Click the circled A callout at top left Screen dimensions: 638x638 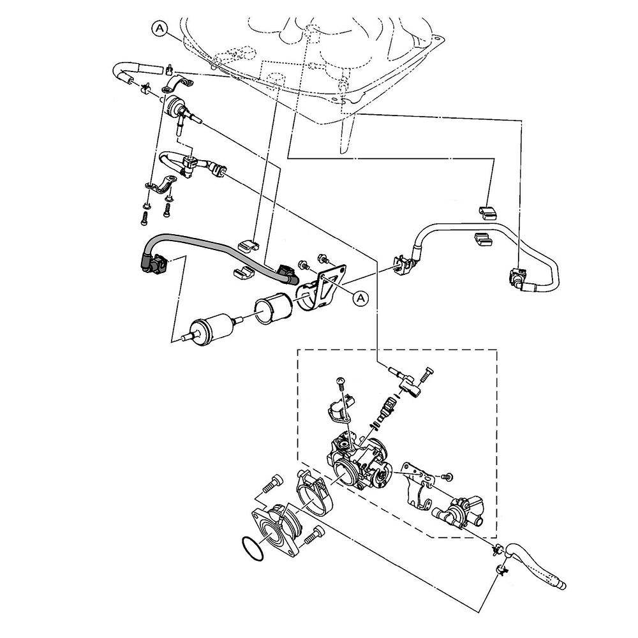point(160,29)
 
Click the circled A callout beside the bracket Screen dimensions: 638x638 point(360,298)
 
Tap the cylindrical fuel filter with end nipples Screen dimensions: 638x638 point(214,328)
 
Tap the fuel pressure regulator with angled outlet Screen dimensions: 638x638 point(181,110)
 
